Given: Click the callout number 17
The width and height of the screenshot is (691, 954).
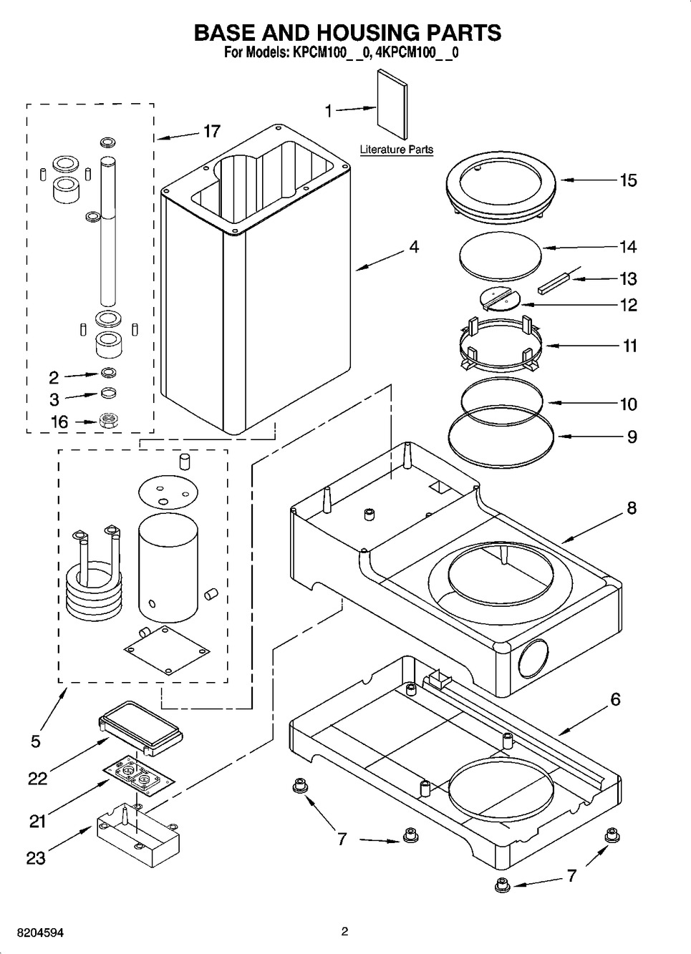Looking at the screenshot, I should coord(211,132).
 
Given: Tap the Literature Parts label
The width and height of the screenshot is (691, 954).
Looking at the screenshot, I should coord(396,150).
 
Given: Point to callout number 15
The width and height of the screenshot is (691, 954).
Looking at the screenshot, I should coord(628,180).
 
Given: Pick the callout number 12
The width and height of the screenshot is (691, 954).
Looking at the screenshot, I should coord(628,305).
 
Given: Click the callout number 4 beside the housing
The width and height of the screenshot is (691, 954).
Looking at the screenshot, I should coord(414,247).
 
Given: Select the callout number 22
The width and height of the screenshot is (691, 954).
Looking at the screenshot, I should coord(38,779).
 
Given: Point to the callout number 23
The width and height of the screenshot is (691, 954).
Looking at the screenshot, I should coord(36,858).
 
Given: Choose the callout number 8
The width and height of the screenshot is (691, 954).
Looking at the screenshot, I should coord(631,509).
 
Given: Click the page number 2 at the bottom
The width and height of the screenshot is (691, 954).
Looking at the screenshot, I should coord(344,932).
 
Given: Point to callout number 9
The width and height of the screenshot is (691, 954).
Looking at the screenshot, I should coord(632,437).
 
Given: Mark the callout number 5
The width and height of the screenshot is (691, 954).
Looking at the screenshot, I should coord(36,741).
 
